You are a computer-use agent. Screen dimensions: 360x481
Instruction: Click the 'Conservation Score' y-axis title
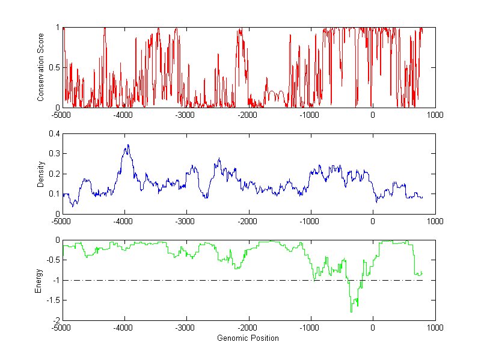pos(41,67)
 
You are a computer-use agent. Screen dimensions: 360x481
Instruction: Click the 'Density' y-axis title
pos(41,174)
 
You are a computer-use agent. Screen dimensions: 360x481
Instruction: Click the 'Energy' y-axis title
pos(39,280)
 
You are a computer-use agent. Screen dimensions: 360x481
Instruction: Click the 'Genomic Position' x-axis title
pos(248,338)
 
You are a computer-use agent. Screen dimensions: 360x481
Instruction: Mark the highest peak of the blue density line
pos(128,145)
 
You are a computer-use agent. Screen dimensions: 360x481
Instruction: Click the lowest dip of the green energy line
pos(351,312)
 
